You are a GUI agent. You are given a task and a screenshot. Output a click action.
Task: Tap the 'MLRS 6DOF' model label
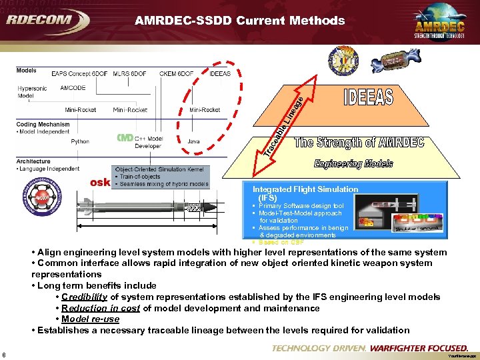pos(130,73)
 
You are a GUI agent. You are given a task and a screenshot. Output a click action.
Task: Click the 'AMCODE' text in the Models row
pos(73,87)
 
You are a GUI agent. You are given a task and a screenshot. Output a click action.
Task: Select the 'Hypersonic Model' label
pos(32,92)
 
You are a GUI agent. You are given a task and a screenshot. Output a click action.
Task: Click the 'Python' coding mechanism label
pos(80,141)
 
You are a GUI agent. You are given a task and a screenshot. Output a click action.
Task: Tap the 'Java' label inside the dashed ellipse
pos(193,141)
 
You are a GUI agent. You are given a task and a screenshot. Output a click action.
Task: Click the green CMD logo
pos(125,138)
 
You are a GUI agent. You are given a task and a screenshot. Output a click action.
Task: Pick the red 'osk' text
pos(100,183)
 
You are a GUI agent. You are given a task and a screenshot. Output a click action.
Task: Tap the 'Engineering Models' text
pos(354,164)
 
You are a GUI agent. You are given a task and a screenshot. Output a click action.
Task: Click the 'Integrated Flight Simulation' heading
pos(305,189)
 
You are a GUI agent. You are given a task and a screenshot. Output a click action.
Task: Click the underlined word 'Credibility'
pos(84,297)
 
